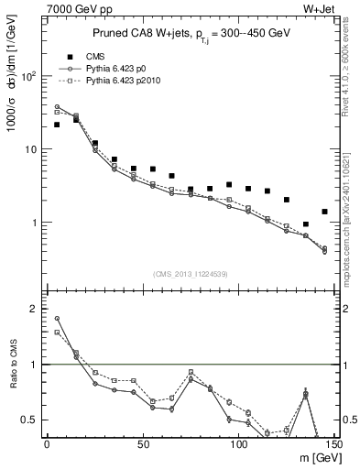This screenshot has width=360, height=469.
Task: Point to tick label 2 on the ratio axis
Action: (x=32, y=309)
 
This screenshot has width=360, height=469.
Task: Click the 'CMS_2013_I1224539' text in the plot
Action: (x=189, y=273)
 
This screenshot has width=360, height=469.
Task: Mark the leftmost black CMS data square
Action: (x=57, y=125)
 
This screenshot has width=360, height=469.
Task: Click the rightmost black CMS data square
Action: (x=324, y=212)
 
